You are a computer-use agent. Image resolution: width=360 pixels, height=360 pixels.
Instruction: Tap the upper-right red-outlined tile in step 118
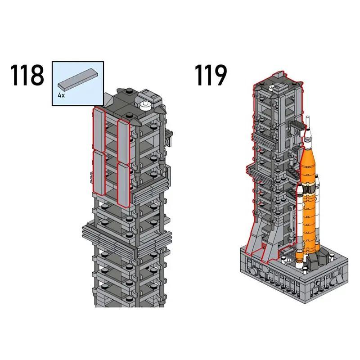pos(123,139)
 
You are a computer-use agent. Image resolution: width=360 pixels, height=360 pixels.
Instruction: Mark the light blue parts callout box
pos(78,84)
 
